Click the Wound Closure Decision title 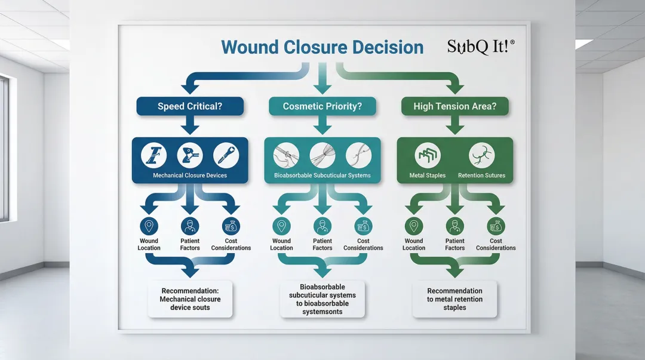point(322,48)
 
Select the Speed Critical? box point(190,107)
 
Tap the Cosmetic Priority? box point(322,107)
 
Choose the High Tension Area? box point(454,107)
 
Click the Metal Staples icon point(428,156)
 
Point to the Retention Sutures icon point(481,156)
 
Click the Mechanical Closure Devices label point(189,176)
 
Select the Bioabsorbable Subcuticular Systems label point(322,176)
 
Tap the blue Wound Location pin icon point(149,226)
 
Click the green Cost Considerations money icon point(496,226)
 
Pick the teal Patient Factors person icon point(322,226)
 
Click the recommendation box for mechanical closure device point(190,299)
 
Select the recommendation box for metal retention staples point(454,299)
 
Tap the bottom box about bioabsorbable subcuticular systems point(322,299)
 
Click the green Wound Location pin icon point(413,226)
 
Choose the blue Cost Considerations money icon point(231,226)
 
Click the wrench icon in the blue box point(226,156)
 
